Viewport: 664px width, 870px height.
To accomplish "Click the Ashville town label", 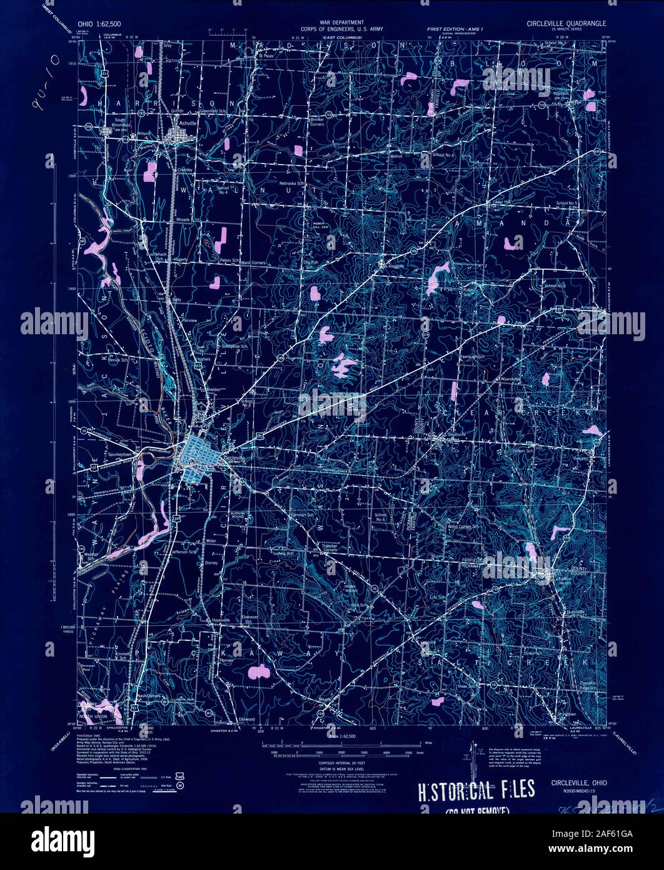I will [187, 124].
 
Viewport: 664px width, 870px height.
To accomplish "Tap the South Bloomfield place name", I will [120, 122].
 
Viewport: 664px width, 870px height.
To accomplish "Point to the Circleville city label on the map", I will [233, 458].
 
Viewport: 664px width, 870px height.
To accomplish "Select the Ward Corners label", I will [254, 262].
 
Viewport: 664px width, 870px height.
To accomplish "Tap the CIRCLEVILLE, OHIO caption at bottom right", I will [578, 782].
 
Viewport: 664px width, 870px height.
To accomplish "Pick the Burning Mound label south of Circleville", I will [238, 516].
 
